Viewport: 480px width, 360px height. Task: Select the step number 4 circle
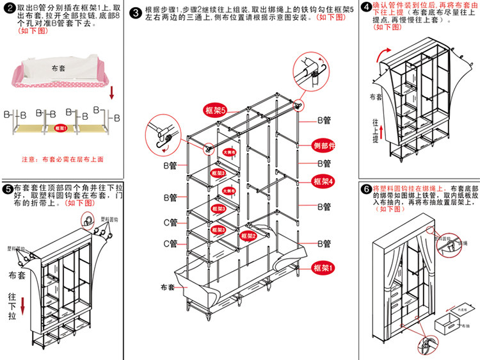[x=365, y=8]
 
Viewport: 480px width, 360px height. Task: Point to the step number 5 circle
[x=7, y=189]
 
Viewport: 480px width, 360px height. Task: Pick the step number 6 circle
[x=365, y=189]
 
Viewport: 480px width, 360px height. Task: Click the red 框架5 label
[x=216, y=110]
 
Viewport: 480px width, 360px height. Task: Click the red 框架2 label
[x=248, y=236]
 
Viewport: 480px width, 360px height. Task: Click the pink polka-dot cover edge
[x=61, y=83]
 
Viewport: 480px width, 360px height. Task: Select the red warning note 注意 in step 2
[x=63, y=158]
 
